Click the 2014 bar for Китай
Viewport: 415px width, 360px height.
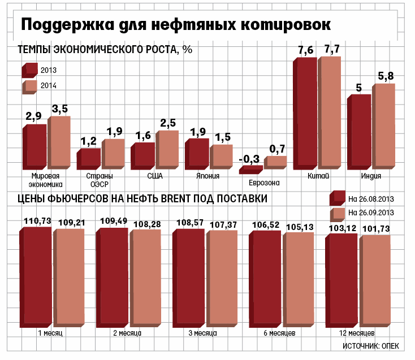330,112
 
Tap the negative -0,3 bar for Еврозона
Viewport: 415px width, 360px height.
250,169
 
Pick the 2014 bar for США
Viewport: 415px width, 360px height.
168,149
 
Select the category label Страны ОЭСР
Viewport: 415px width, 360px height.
89,180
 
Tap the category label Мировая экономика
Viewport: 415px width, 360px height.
35,180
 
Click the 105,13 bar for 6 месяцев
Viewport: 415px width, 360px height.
299,279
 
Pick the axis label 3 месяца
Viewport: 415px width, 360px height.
202,333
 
